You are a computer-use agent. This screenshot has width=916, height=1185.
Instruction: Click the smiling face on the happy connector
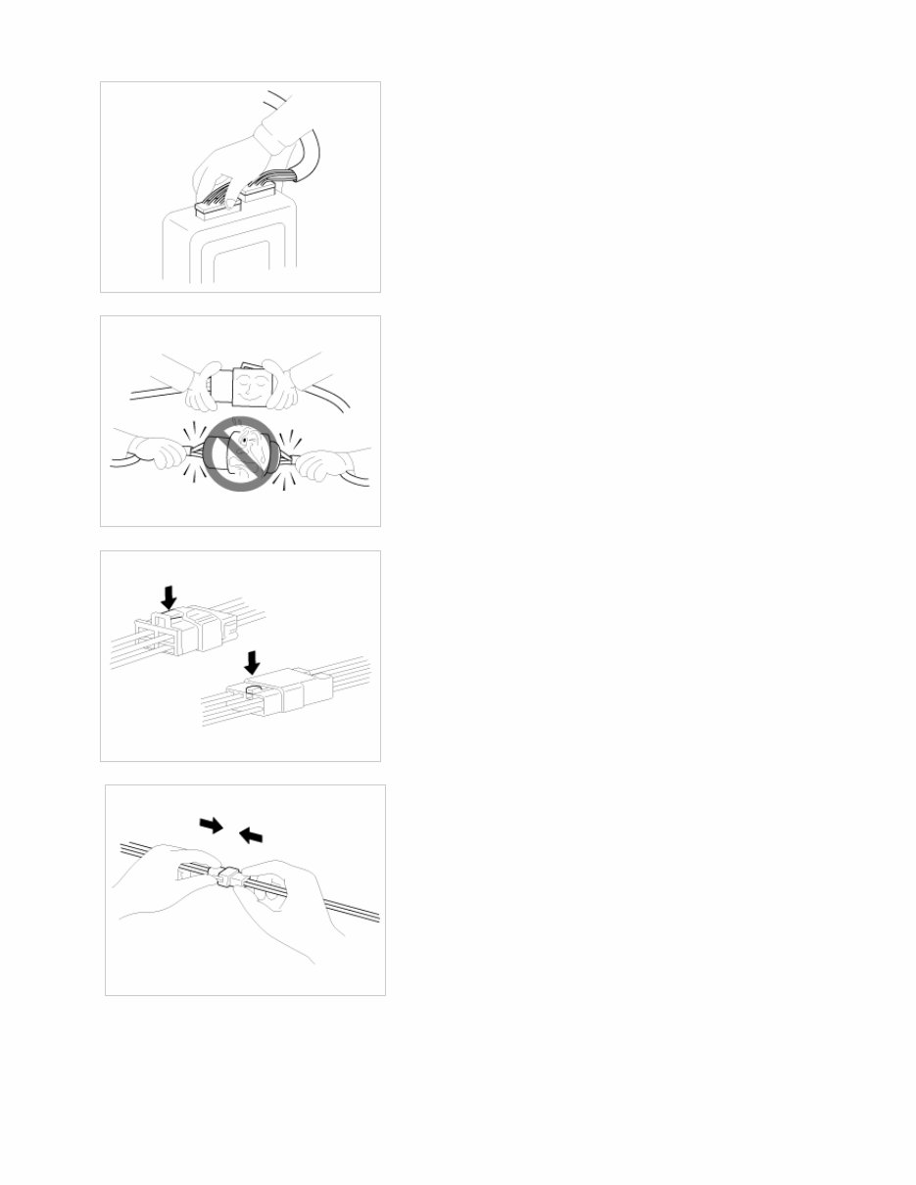point(256,389)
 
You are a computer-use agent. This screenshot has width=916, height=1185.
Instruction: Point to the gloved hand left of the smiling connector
point(204,386)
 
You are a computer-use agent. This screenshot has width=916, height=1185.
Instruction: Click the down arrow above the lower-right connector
point(253,664)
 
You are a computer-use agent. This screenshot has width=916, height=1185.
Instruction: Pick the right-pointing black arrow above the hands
point(211,826)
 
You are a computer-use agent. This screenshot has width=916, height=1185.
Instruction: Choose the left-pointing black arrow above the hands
point(252,833)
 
